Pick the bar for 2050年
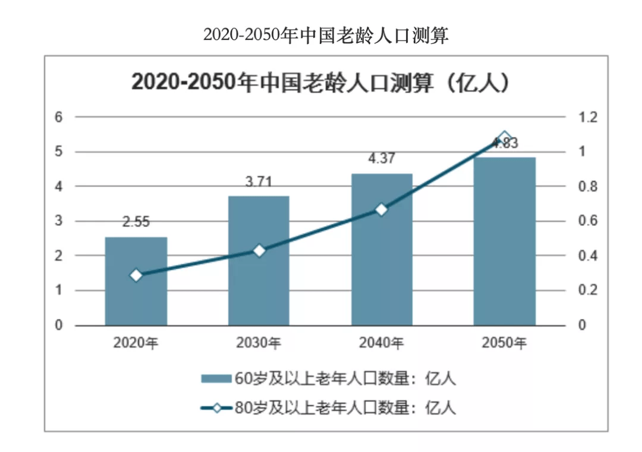pyautogui.click(x=504, y=241)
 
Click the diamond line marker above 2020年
pyautogui.click(x=136, y=275)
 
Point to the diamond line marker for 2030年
pyautogui.click(x=259, y=251)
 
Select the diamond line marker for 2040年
pyautogui.click(x=382, y=209)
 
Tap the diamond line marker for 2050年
pyautogui.click(x=504, y=138)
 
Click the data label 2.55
pyautogui.click(x=136, y=222)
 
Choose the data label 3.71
pyautogui.click(x=259, y=182)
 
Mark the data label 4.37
pyautogui.click(x=382, y=159)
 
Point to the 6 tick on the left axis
pyautogui.click(x=58, y=117)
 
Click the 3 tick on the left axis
pyautogui.click(x=58, y=221)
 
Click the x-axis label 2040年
pyautogui.click(x=382, y=343)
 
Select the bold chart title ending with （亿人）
pyautogui.click(x=322, y=83)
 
